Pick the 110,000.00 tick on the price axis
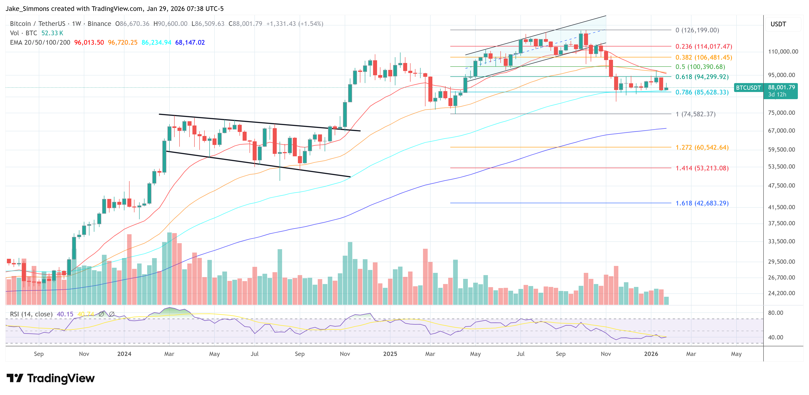point(783,52)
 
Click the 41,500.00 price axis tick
point(781,207)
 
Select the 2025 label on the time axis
point(390,354)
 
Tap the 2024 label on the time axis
point(124,354)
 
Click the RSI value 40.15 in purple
point(65,314)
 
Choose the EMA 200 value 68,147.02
point(190,42)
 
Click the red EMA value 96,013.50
point(89,42)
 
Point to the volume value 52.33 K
point(52,33)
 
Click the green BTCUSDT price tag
point(748,88)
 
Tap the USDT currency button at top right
point(778,24)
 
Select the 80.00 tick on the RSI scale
point(775,313)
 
